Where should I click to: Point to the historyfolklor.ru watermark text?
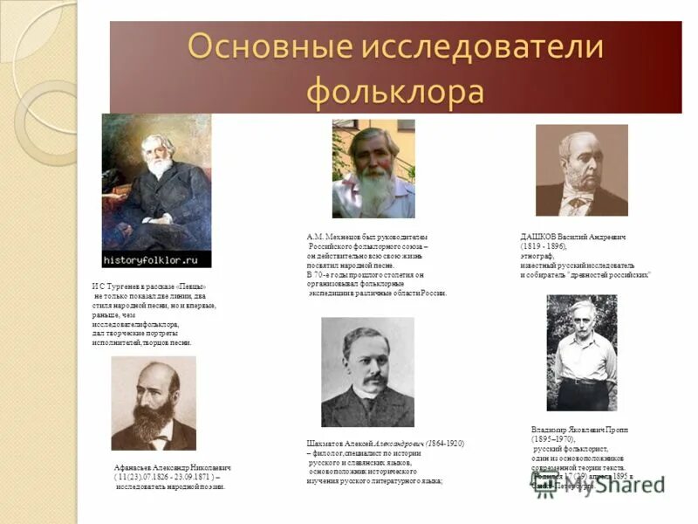(x=156, y=259)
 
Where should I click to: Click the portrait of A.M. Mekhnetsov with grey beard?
(x=373, y=169)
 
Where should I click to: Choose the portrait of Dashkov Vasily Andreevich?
(x=581, y=169)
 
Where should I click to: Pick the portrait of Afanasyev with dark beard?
(x=154, y=403)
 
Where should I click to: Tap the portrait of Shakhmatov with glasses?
(x=367, y=371)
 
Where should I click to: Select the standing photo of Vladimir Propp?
(x=581, y=351)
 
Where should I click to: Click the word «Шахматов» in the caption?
(x=325, y=444)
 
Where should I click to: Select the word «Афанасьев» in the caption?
(x=134, y=468)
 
